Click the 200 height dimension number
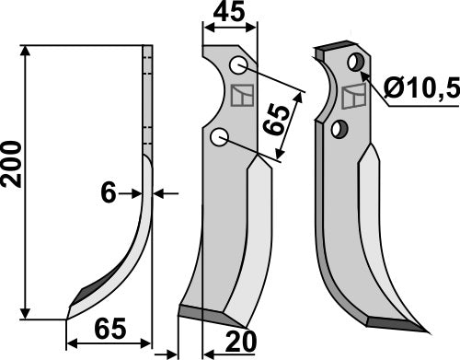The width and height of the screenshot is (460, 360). click(x=12, y=164)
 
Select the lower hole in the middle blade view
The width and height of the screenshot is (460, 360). click(x=219, y=137)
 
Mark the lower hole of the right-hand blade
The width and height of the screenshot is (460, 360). click(x=339, y=128)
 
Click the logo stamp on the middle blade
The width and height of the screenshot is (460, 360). click(x=244, y=95)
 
